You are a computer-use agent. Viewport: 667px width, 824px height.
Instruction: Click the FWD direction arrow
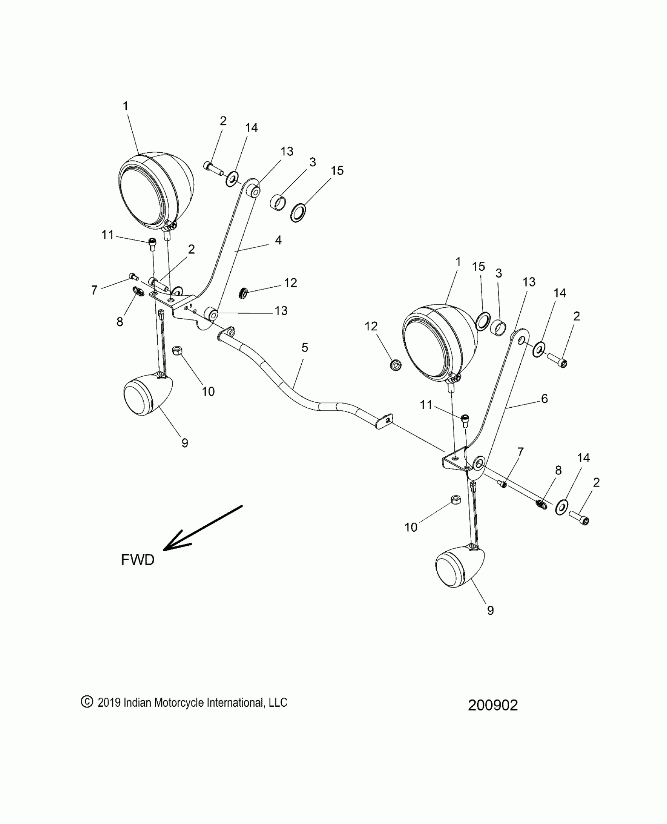(202, 528)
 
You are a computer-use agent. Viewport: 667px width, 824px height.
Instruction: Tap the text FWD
(137, 560)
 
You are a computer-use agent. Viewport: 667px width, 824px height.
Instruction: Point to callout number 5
(305, 348)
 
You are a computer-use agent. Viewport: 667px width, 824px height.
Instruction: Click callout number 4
(278, 240)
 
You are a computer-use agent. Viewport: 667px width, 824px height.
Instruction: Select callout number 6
(544, 399)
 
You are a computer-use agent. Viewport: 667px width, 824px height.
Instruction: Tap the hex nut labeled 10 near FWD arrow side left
(177, 350)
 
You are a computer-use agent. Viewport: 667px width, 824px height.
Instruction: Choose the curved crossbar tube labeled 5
(298, 388)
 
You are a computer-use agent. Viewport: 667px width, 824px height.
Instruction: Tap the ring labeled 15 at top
(299, 212)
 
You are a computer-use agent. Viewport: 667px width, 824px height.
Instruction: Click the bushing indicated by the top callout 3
(278, 203)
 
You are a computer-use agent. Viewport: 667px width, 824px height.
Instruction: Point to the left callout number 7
(94, 290)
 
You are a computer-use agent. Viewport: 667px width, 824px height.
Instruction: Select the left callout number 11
(108, 235)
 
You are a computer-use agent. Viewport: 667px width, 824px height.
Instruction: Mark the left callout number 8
(120, 322)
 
